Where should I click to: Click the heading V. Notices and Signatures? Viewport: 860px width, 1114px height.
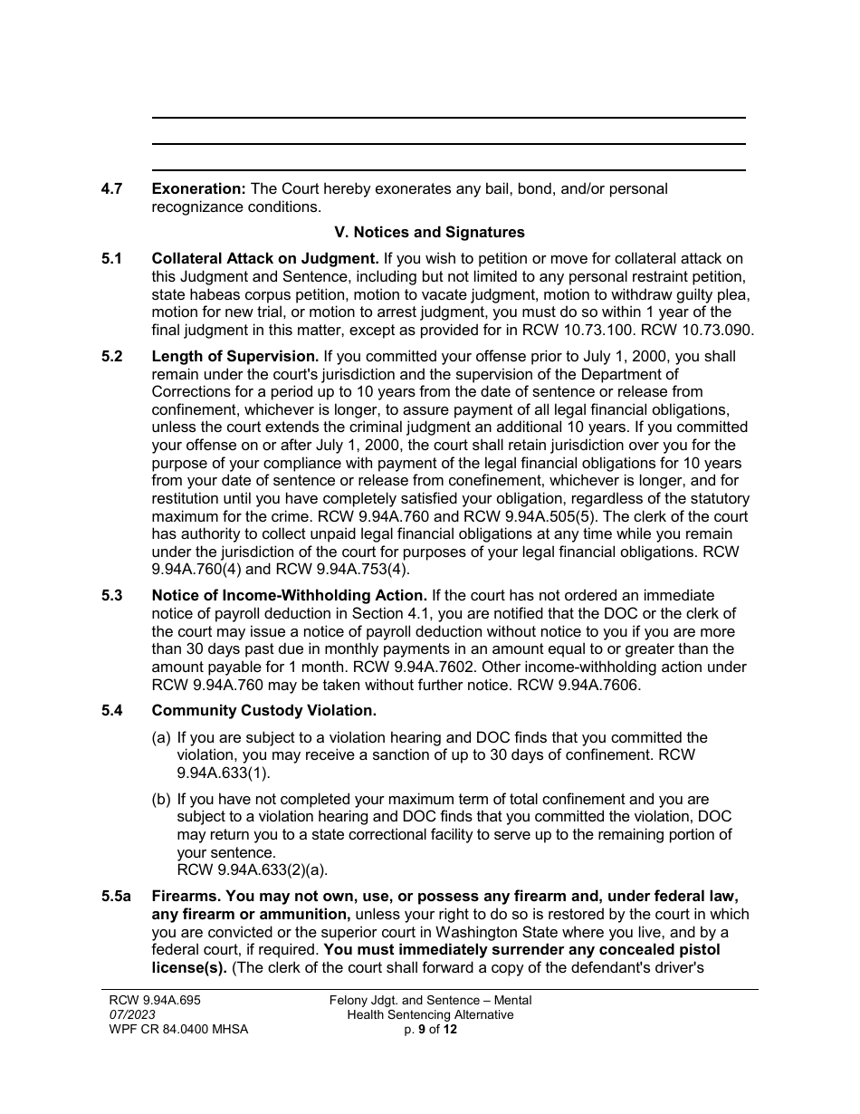(429, 233)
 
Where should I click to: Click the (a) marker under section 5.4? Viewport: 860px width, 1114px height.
(161, 738)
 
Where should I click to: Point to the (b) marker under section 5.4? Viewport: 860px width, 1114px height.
(161, 800)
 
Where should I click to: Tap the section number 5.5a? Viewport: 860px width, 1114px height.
(116, 897)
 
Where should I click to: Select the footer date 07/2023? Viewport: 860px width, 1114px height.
(127, 1014)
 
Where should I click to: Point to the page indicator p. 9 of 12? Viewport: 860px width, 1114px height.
(431, 1029)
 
